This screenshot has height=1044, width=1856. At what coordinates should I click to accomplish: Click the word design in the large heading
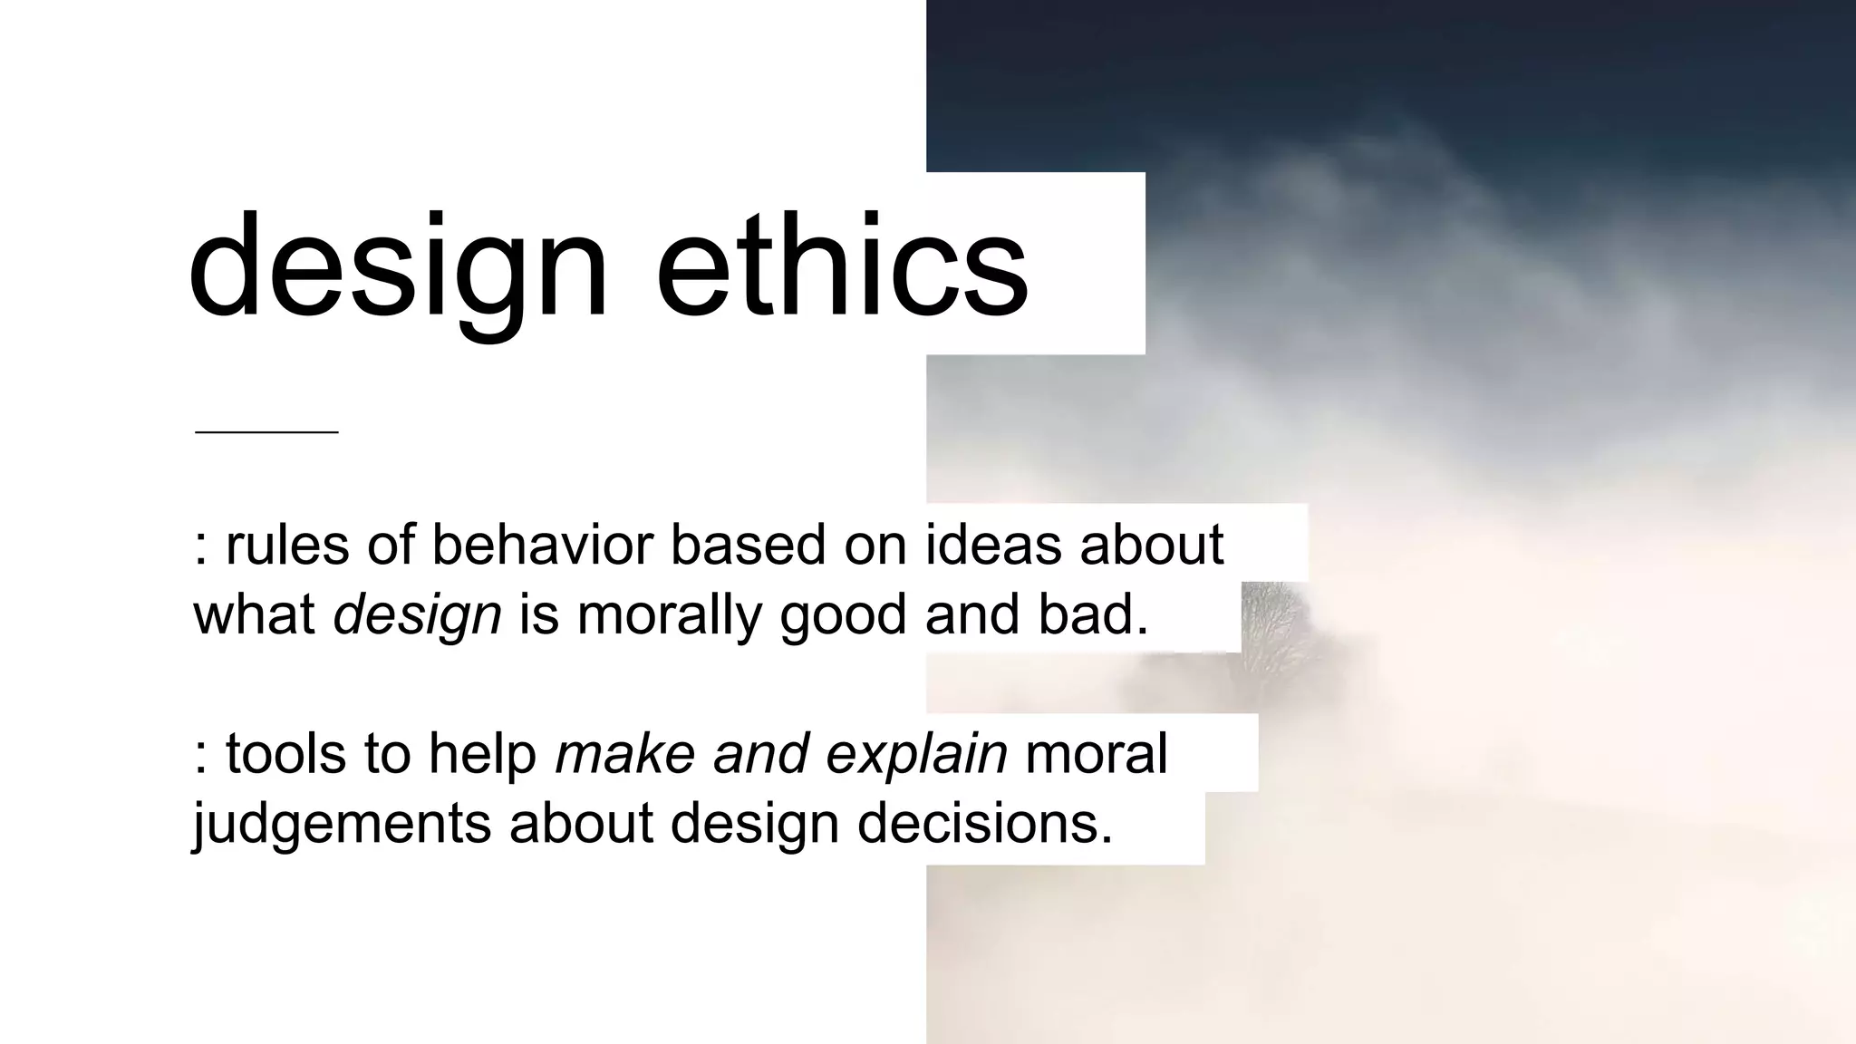click(399, 267)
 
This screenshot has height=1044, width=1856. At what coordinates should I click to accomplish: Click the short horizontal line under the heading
click(266, 432)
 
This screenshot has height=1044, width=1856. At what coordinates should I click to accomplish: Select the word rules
click(287, 545)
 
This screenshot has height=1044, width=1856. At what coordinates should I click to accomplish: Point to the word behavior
click(542, 545)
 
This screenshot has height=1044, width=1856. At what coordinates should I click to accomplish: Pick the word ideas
click(993, 545)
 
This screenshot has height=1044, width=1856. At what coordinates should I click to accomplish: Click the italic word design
click(417, 616)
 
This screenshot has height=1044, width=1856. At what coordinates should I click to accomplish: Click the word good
click(843, 616)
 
